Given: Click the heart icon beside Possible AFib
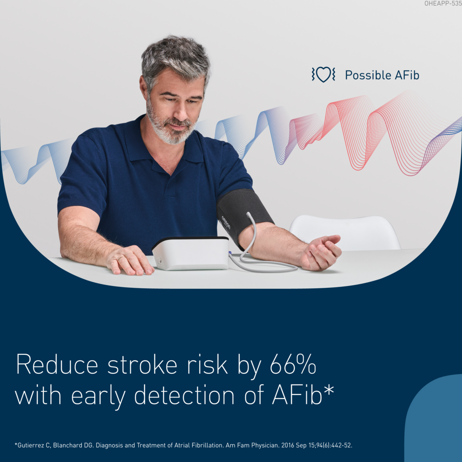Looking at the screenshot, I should tap(323, 74).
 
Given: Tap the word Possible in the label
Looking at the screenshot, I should tap(365, 75).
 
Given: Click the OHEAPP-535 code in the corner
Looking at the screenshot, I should tap(442, 4).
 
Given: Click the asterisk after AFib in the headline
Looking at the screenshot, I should tap(328, 390).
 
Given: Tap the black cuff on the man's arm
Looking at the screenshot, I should tap(243, 213).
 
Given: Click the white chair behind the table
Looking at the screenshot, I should tap(344, 231).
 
